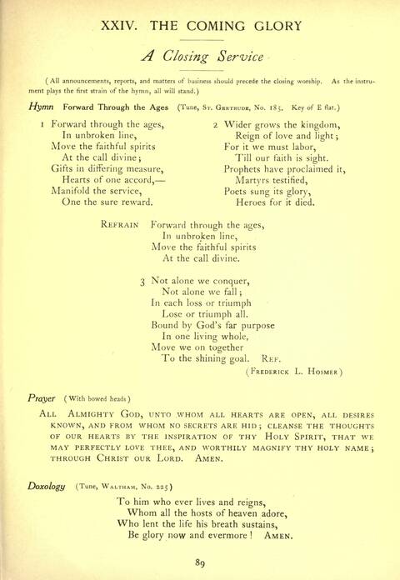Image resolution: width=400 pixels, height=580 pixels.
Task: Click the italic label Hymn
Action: point(41,107)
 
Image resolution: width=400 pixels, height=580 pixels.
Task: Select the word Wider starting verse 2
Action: point(242,123)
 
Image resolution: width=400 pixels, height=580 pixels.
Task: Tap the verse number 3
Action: point(143,282)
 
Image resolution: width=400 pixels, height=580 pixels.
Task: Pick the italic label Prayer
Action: point(42,398)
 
